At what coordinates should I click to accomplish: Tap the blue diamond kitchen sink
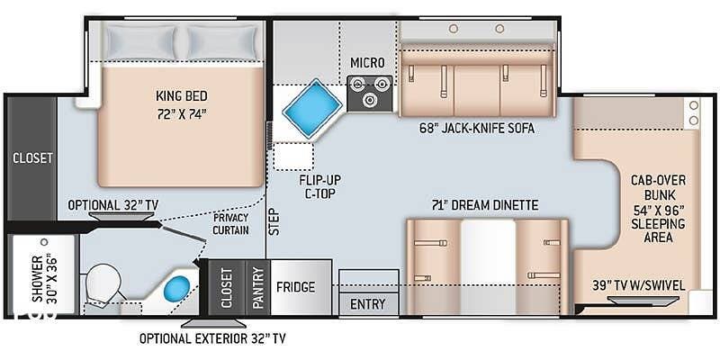pos(312,108)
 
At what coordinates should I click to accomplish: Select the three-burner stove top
pos(370,94)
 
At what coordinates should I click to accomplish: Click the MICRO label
pos(367,63)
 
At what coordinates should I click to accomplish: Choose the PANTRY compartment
pos(258,287)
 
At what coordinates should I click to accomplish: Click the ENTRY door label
pos(368,304)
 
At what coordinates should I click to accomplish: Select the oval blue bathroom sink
pos(176,288)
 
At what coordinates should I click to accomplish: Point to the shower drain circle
pos(44,242)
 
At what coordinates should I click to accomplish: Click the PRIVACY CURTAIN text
pos(230,223)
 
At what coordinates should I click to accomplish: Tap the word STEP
pos(274,222)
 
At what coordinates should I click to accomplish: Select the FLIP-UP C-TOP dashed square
pos(293,157)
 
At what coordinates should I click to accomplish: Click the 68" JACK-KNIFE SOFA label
pos(477,128)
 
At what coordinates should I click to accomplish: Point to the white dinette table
pos(488,266)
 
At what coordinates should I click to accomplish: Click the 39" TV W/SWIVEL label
pos(639,285)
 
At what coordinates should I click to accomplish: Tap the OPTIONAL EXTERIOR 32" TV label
pos(212,339)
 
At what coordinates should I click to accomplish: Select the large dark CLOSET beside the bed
pos(32,158)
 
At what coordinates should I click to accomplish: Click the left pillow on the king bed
pos(141,42)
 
